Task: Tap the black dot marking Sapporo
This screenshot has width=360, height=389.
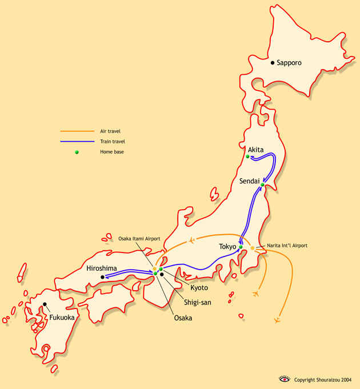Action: [x=273, y=62]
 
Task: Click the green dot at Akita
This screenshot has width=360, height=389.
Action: [x=247, y=157]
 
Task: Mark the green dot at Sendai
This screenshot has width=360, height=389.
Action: [x=262, y=185]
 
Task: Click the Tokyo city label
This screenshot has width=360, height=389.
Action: [x=228, y=247]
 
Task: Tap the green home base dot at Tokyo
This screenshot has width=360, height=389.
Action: [x=241, y=247]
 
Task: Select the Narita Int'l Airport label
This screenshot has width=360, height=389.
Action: [x=288, y=246]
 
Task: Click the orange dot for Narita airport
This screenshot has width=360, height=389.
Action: [x=253, y=248]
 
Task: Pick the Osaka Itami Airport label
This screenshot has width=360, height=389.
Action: [x=139, y=238]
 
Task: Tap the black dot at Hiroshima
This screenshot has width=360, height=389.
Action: [x=102, y=277]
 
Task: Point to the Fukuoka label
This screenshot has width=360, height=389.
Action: [x=62, y=317]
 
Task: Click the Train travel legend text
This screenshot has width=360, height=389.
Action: [x=112, y=141]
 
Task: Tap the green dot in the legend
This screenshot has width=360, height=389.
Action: [x=76, y=152]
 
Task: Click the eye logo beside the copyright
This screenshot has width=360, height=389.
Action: [x=284, y=379]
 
